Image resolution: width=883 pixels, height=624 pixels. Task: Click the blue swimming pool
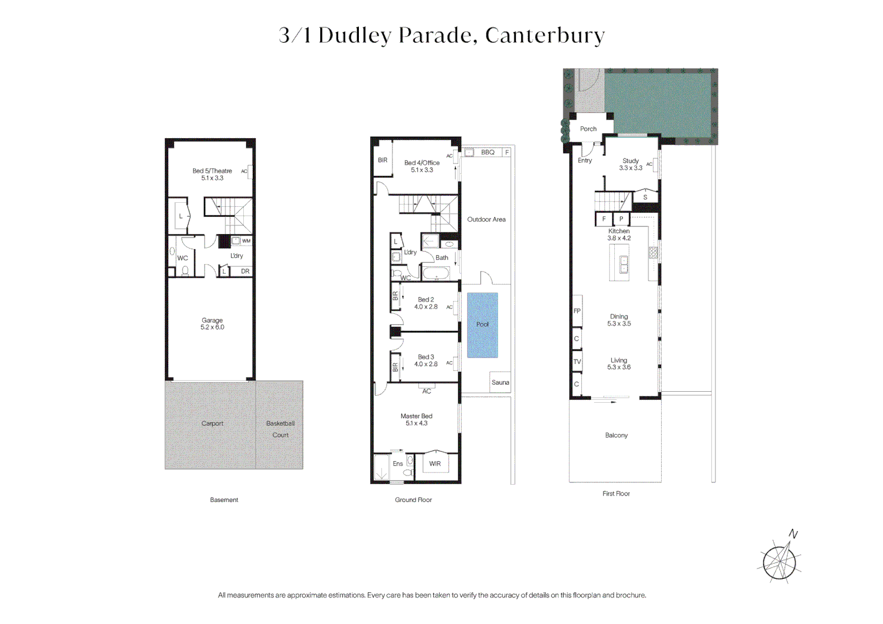483,325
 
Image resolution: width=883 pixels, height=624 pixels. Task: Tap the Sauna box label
500,382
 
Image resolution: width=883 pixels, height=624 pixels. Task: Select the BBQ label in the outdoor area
488,152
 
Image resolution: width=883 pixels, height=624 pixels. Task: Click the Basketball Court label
280,429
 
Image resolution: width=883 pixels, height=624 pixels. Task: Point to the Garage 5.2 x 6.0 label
212,324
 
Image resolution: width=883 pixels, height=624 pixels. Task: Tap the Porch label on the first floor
588,129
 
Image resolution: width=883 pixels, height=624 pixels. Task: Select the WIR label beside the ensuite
435,463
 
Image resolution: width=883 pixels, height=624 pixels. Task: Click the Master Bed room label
416,419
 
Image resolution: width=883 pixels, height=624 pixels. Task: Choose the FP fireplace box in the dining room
577,311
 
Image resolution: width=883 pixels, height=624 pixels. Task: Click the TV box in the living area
577,362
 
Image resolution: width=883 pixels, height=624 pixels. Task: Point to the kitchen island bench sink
624,264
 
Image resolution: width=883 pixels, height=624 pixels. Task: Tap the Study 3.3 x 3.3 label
630,164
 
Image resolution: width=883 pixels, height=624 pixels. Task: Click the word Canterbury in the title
545,35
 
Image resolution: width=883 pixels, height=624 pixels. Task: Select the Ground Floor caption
414,499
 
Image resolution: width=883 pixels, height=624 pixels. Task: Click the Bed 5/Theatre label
212,174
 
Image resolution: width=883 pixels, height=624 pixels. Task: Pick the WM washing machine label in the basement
246,241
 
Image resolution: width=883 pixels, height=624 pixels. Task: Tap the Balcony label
616,435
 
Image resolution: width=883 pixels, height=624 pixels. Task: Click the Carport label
212,424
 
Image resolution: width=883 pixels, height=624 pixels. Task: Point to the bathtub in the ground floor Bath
436,273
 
